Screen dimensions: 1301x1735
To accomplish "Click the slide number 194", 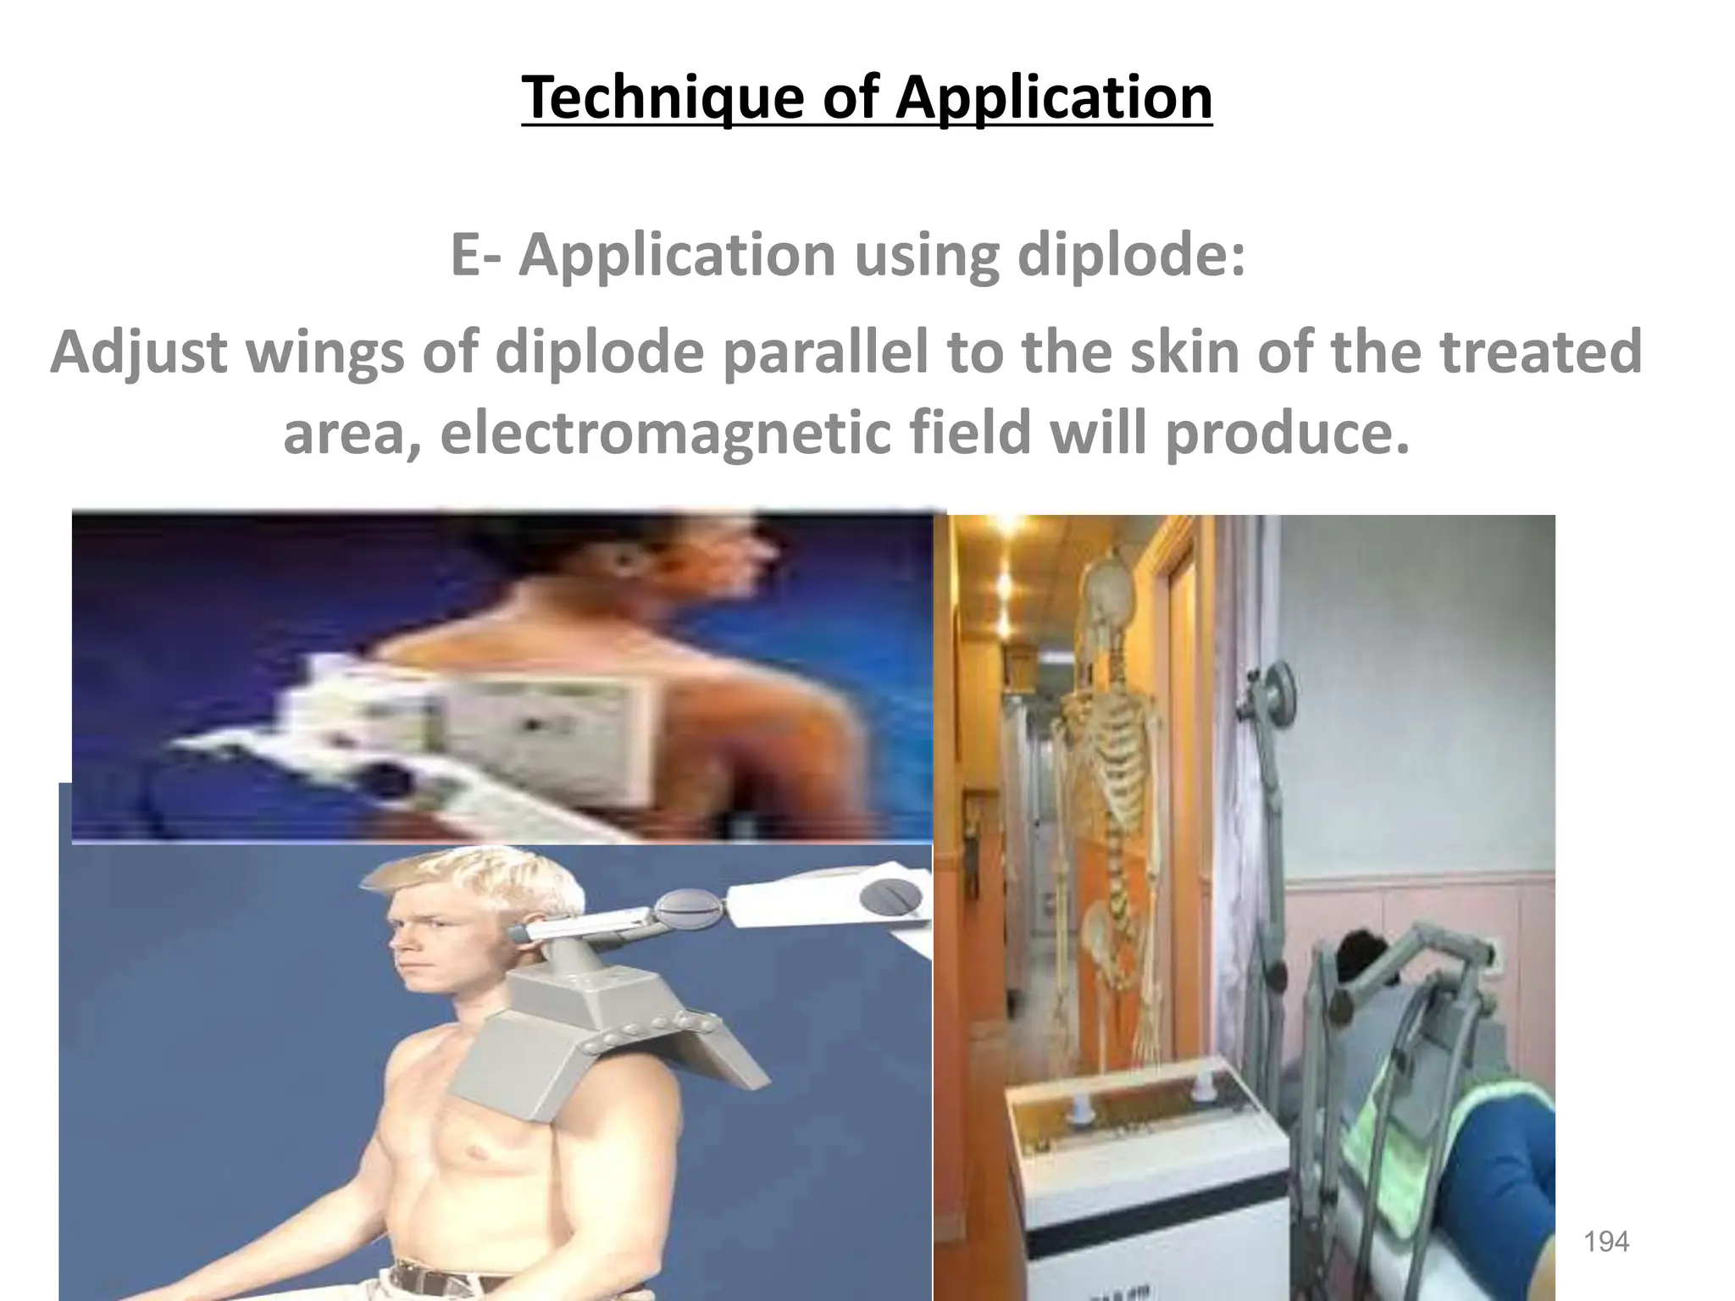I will click(x=1606, y=1242).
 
